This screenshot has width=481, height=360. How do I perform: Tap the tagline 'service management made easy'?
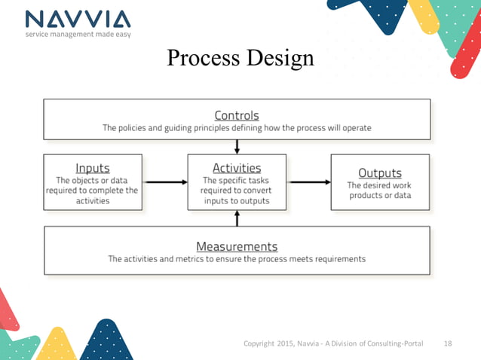[76, 35]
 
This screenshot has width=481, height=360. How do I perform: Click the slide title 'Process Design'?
[240, 58]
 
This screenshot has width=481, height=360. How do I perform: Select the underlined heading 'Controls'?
[237, 115]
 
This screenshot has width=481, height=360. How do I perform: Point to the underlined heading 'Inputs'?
[93, 168]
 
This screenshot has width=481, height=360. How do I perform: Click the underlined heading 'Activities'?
[237, 168]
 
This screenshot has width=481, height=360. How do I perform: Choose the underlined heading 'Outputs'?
[380, 172]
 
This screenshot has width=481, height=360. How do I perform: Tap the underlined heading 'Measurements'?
[237, 246]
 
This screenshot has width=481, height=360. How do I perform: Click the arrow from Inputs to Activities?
[165, 182]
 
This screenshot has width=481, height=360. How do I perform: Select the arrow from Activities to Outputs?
[308, 182]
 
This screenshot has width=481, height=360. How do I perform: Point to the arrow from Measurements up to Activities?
[237, 218]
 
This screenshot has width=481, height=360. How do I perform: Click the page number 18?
[447, 343]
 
